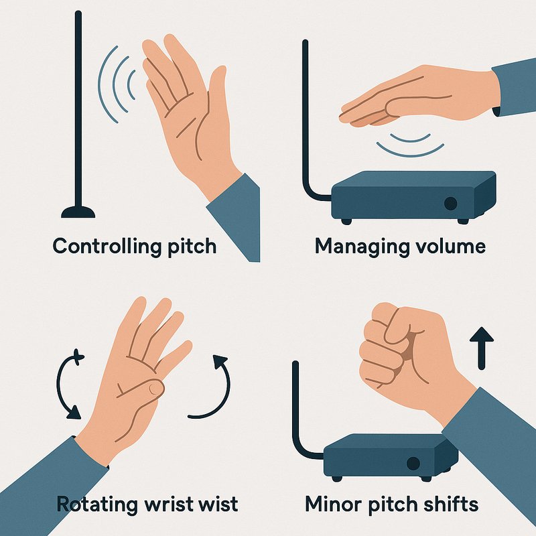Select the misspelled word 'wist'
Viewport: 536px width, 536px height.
[216, 503]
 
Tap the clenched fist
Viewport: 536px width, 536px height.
[395, 348]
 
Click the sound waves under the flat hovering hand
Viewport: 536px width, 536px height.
[409, 143]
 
